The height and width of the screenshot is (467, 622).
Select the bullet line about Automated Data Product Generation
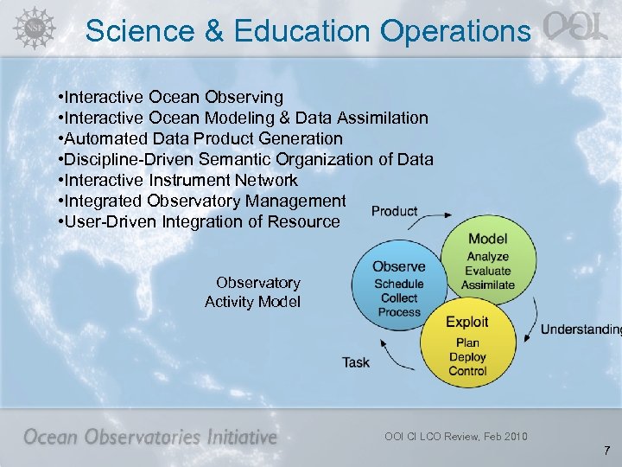pyautogui.click(x=200, y=138)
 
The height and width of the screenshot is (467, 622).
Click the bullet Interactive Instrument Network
pyautogui.click(x=177, y=180)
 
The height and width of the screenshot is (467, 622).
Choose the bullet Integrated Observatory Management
pyautogui.click(x=200, y=201)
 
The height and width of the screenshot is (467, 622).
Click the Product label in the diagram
pyautogui.click(x=394, y=211)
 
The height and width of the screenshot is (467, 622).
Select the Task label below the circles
pyautogui.click(x=356, y=362)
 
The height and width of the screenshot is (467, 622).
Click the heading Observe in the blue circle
pyautogui.click(x=398, y=266)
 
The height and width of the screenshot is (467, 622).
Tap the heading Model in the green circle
pyautogui.click(x=487, y=239)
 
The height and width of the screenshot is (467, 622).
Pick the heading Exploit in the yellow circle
pyautogui.click(x=466, y=322)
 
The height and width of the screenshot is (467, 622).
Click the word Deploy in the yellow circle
pyautogui.click(x=467, y=357)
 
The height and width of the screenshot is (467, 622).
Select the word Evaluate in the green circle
pyautogui.click(x=487, y=271)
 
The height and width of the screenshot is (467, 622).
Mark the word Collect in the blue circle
pyautogui.click(x=398, y=298)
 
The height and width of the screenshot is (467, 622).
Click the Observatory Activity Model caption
pyautogui.click(x=254, y=292)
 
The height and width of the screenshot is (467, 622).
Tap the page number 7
pyautogui.click(x=607, y=451)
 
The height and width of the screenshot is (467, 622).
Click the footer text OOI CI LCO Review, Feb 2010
pyautogui.click(x=455, y=436)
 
